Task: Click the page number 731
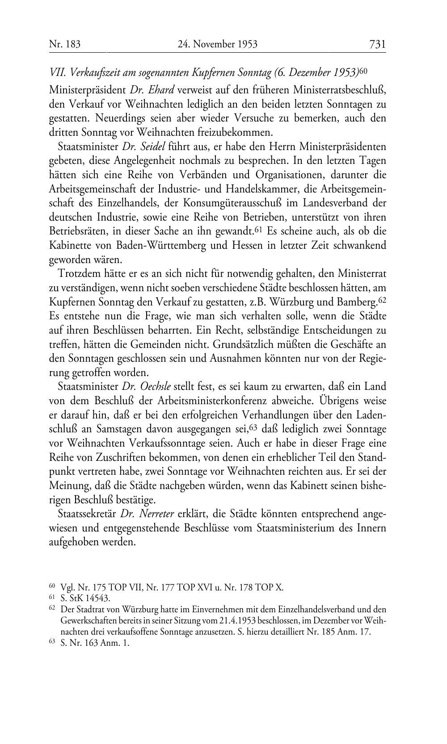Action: pyautogui.click(x=377, y=44)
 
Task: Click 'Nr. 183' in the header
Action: pyautogui.click(x=64, y=44)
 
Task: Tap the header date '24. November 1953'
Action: pyautogui.click(x=217, y=44)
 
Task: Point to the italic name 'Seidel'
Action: pyautogui.click(x=153, y=146)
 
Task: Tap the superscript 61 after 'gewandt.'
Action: pyautogui.click(x=258, y=230)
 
